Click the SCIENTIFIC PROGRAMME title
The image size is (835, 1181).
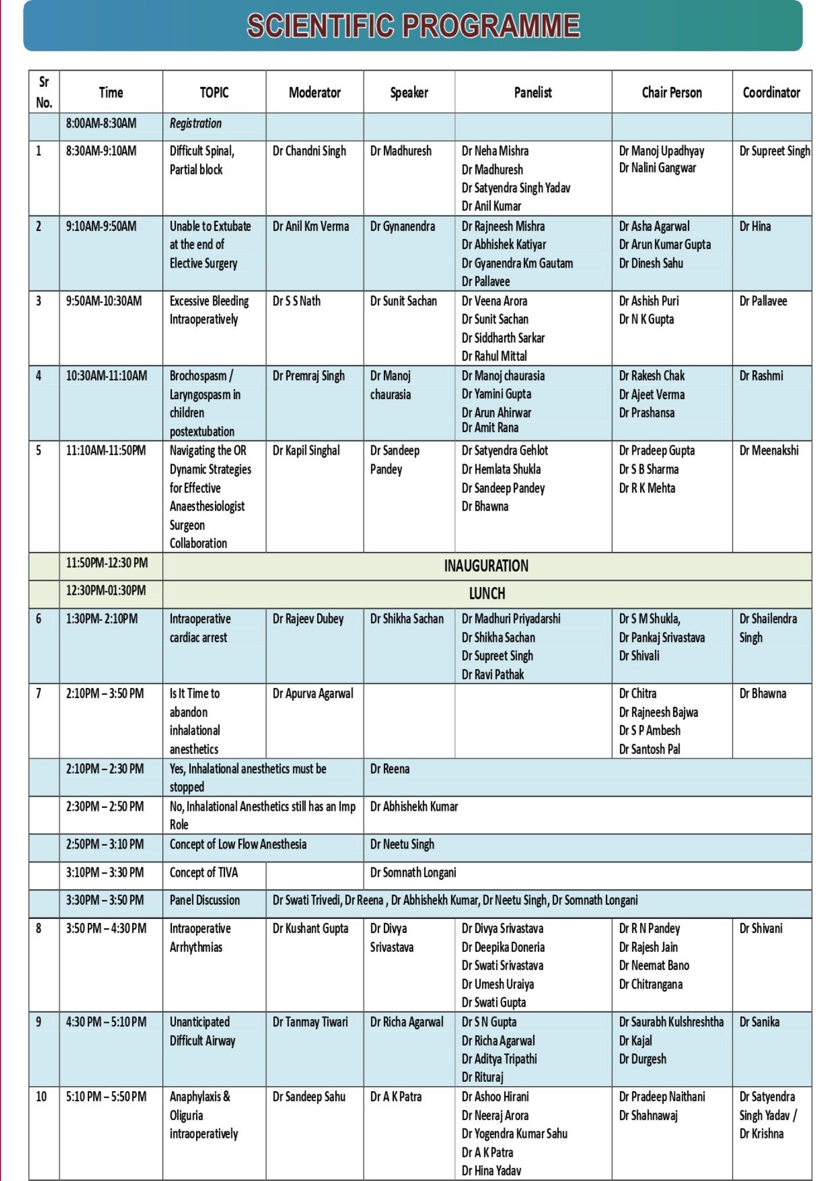(413, 27)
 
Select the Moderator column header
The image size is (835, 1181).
(315, 93)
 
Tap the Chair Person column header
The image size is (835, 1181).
(671, 93)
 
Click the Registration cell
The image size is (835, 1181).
(195, 124)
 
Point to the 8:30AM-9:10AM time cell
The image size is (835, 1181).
(101, 151)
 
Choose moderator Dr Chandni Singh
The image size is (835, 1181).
(309, 151)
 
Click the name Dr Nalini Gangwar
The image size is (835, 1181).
(657, 168)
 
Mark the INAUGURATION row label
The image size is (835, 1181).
(486, 566)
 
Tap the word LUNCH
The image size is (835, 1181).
(487, 594)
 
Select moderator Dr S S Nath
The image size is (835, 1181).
(296, 301)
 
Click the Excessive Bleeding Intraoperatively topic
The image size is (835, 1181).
(208, 310)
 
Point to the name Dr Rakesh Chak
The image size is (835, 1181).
(651, 376)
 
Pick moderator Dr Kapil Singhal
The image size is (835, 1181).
(306, 451)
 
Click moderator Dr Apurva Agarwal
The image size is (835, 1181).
(312, 694)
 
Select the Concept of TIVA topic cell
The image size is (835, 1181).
(204, 873)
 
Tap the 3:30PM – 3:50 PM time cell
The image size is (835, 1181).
(105, 901)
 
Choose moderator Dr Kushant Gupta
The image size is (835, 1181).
(310, 929)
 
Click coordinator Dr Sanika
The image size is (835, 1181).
(759, 1022)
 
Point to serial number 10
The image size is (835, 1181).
(41, 1097)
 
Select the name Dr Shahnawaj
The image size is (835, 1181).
(648, 1116)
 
